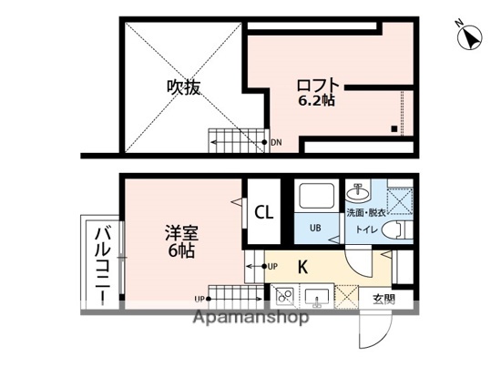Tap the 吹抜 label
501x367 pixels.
pyautogui.click(x=182, y=88)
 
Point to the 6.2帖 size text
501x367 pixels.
pyautogui.click(x=318, y=101)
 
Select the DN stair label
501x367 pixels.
pyautogui.click(x=277, y=142)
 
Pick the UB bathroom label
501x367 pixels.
pyautogui.click(x=314, y=228)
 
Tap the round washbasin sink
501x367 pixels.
pyautogui.click(x=359, y=192)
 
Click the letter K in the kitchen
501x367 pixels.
pyautogui.click(x=302, y=267)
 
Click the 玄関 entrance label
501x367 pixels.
pyautogui.click(x=382, y=297)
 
